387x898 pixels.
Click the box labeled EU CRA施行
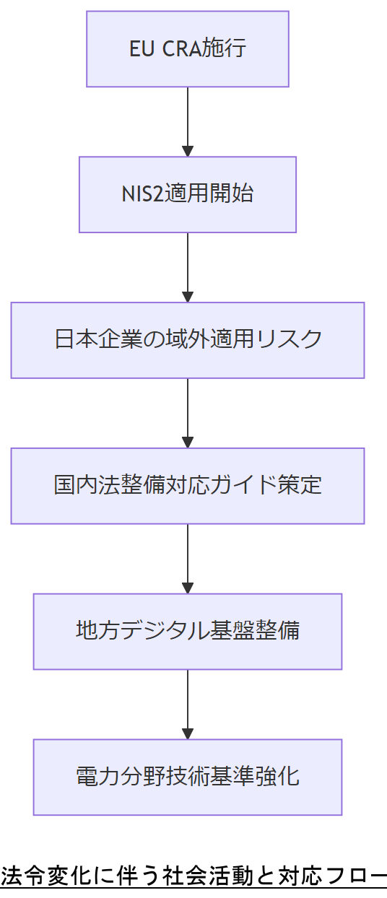point(188,49)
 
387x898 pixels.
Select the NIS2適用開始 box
point(188,194)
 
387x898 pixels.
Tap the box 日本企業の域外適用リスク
point(188,340)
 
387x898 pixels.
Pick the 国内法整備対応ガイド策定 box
point(188,485)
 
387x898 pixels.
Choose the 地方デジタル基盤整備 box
point(188,631)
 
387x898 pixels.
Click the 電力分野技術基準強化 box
point(188,777)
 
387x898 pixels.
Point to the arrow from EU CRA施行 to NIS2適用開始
point(188,121)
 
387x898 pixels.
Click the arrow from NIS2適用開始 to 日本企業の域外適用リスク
point(188,267)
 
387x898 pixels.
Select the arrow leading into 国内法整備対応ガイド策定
point(188,412)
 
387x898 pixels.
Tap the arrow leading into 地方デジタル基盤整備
point(188,558)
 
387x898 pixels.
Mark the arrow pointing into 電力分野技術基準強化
point(188,704)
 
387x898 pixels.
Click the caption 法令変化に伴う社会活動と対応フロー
point(193,876)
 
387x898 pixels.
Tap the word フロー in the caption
point(357,876)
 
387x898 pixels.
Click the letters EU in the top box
point(141,50)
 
